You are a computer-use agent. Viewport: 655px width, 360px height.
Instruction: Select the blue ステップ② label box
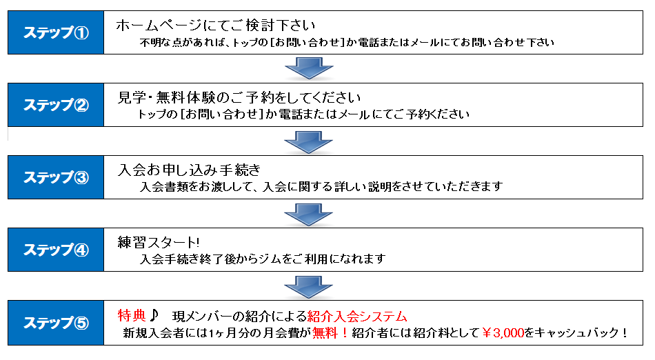(56, 106)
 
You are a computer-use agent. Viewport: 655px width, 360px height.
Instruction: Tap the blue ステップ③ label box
(56, 177)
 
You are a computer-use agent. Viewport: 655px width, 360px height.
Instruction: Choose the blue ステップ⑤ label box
(56, 323)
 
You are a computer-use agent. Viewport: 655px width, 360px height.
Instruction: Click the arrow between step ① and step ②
(309, 70)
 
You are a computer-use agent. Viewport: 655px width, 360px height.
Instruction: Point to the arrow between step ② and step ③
(309, 142)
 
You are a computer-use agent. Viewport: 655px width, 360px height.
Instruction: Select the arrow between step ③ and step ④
(309, 215)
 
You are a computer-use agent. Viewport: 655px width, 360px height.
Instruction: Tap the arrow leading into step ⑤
(309, 288)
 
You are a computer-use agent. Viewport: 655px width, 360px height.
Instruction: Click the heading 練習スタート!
(158, 243)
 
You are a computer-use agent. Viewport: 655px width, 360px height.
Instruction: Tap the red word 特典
(131, 316)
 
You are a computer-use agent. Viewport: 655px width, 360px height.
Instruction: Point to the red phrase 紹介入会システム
(357, 317)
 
